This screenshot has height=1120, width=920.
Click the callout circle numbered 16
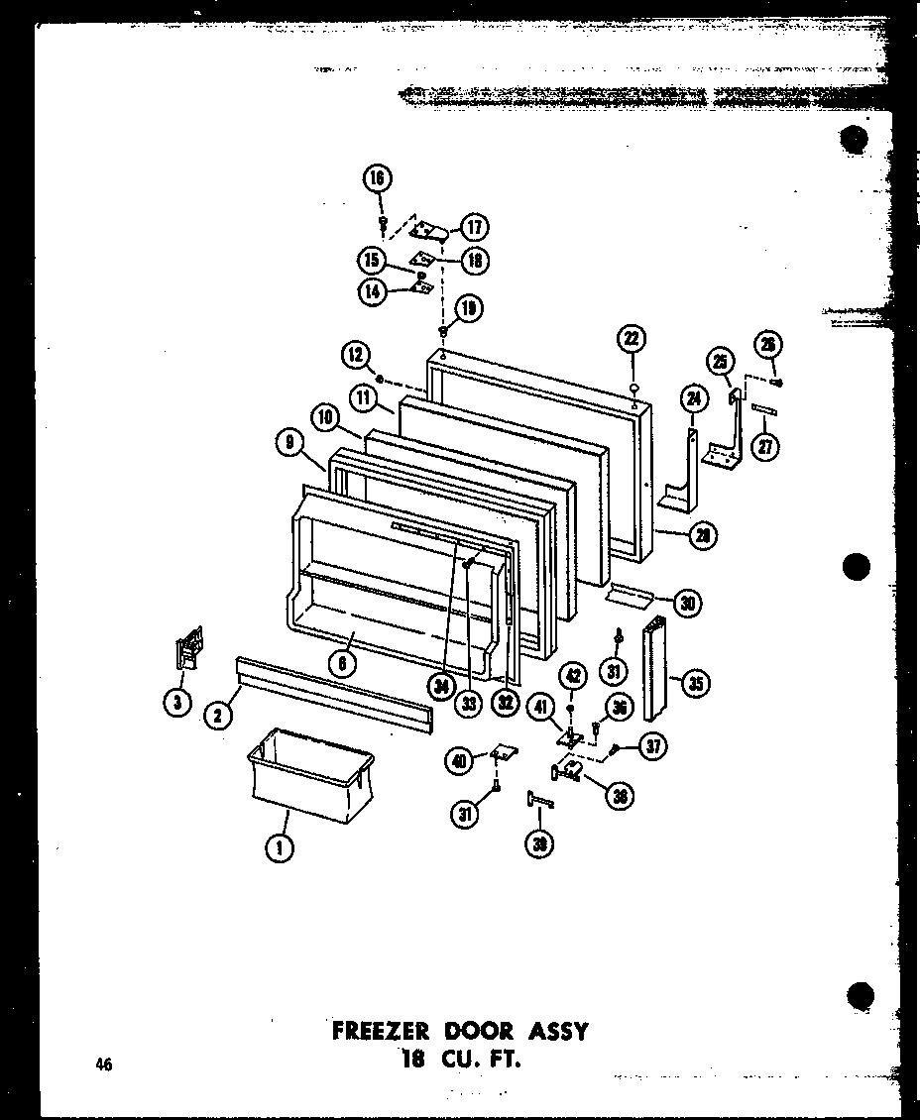pyautogui.click(x=377, y=178)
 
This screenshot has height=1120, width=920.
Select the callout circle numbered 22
pyautogui.click(x=632, y=338)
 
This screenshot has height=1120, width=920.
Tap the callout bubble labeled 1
pyautogui.click(x=283, y=848)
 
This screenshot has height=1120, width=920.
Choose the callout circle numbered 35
pyautogui.click(x=696, y=683)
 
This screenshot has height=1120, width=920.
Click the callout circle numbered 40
pyautogui.click(x=459, y=761)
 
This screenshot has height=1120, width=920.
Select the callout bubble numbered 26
pyautogui.click(x=768, y=345)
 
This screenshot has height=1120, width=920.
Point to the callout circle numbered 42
pyautogui.click(x=572, y=677)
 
